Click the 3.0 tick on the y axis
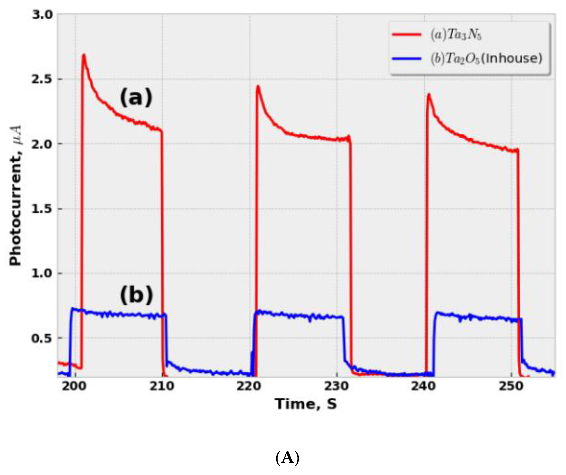[x=42, y=15]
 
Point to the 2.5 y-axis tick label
[x=42, y=79]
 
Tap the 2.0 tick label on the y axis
[x=42, y=144]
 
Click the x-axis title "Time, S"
[x=306, y=404]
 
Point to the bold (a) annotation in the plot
[x=136, y=97]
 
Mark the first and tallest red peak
[x=84, y=55]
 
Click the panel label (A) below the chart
[x=287, y=458]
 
